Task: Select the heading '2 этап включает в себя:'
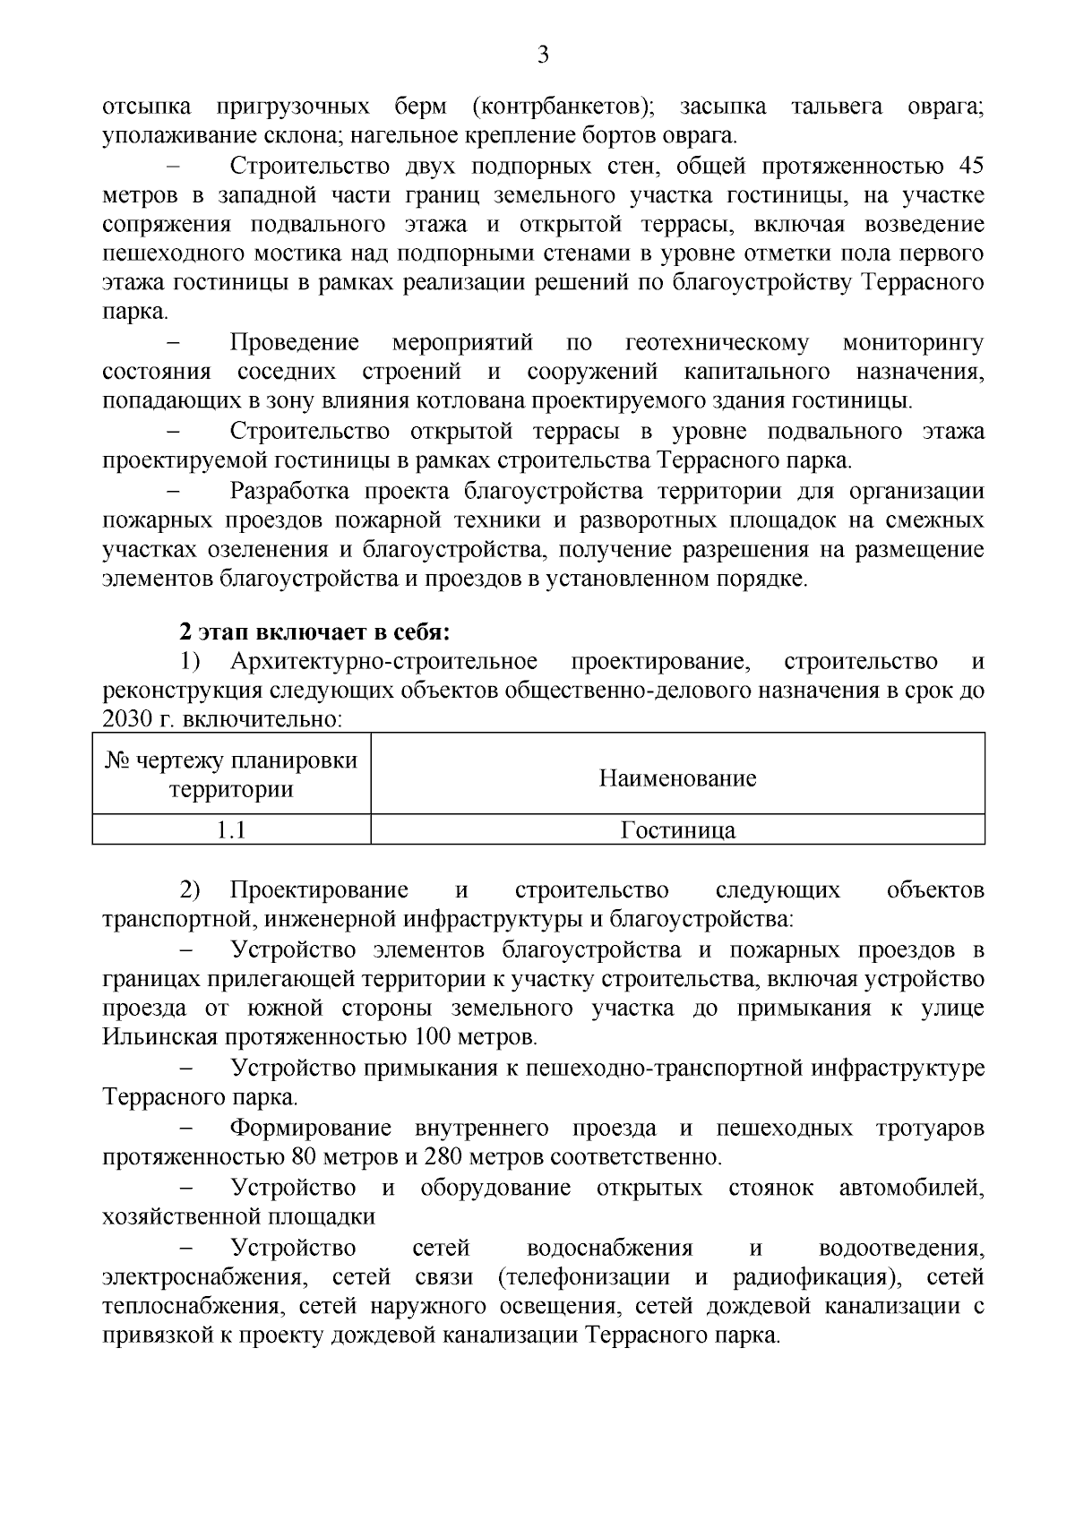click(x=314, y=632)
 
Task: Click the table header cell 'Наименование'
click(x=677, y=777)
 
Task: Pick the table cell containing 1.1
click(x=231, y=830)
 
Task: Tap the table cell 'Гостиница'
click(x=677, y=830)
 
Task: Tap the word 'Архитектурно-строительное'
click(x=383, y=662)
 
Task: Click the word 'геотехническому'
click(x=717, y=343)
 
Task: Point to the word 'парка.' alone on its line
click(x=135, y=313)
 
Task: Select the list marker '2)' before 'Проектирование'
click(x=191, y=890)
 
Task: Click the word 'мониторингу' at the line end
click(x=913, y=343)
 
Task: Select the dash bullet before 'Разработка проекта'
click(x=174, y=492)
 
